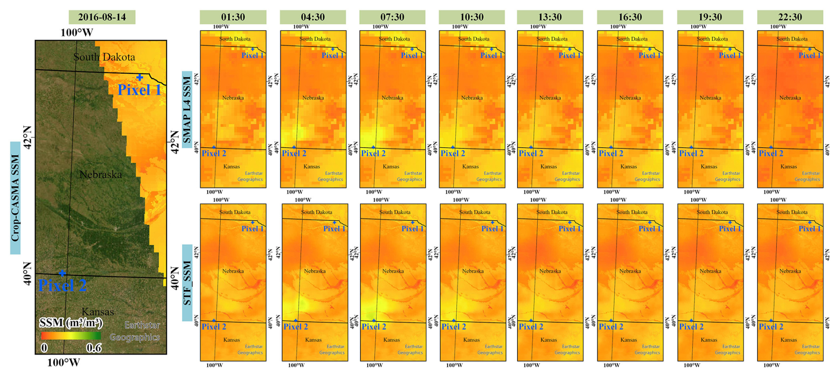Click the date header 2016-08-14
click(x=102, y=17)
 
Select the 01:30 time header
click(x=233, y=17)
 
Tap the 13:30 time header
click(x=550, y=17)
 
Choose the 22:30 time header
click(x=790, y=17)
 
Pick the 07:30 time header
click(x=392, y=17)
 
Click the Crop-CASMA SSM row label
click(x=16, y=198)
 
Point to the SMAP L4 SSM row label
click(x=187, y=110)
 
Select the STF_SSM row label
click(x=187, y=283)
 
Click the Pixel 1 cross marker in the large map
click(x=140, y=78)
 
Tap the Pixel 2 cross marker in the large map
click(x=62, y=273)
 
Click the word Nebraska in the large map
click(x=101, y=175)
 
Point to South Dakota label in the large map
click(x=104, y=57)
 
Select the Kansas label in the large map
click(x=98, y=312)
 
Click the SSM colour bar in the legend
click(x=71, y=336)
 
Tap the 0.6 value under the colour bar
click(x=94, y=348)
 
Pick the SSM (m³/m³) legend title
click(x=71, y=323)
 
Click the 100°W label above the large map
click(x=77, y=33)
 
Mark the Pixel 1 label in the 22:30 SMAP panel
click(x=809, y=55)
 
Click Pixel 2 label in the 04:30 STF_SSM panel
click(x=295, y=327)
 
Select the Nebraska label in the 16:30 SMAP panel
click(x=630, y=98)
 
